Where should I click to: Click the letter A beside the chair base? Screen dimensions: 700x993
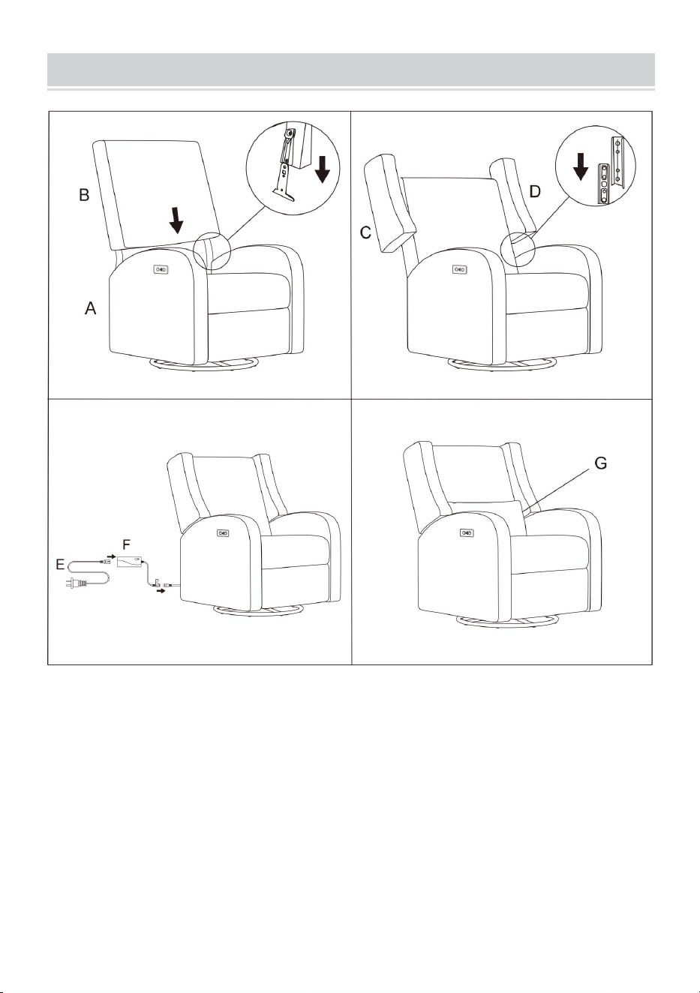tap(90, 308)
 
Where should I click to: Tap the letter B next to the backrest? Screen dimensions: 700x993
tap(84, 194)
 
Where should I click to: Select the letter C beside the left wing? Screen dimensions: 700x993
tap(365, 232)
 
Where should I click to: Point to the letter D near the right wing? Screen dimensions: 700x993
tap(536, 191)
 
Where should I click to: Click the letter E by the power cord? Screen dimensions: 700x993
tap(60, 565)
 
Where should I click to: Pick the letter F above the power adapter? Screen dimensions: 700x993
tap(127, 544)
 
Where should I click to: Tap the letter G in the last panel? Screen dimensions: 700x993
tap(601, 463)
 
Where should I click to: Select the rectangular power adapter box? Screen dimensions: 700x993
tap(130, 562)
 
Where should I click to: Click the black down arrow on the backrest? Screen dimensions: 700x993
tap(177, 220)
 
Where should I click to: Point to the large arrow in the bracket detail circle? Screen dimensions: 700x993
tap(323, 169)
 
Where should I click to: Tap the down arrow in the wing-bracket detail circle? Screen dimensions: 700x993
tap(580, 166)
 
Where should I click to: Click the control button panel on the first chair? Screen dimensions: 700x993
tap(161, 269)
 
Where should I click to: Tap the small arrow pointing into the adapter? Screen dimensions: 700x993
tap(111, 556)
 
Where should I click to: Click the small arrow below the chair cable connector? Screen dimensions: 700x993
tap(161, 592)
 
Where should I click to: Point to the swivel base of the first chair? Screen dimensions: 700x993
tap(204, 364)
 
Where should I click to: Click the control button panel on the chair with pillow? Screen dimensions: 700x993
tap(467, 532)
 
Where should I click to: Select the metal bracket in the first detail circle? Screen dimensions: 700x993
tap(285, 166)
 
